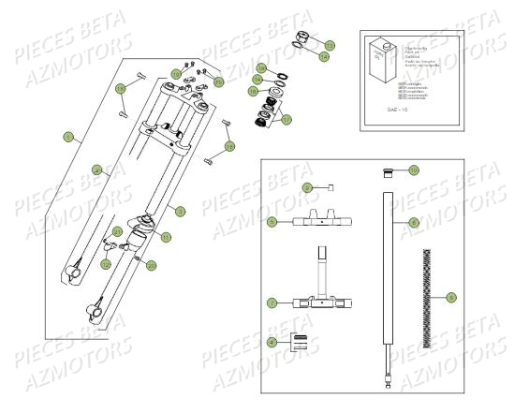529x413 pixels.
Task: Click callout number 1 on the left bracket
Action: [x=66, y=137]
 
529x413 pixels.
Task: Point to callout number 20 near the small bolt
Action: [x=153, y=265]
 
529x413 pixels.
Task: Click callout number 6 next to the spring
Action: [x=452, y=297]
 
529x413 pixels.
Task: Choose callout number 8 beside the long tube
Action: [x=415, y=222]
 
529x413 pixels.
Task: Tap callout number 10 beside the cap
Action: [x=414, y=170]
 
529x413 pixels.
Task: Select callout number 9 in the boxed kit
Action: [x=306, y=188]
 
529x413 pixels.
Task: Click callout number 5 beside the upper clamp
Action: [x=272, y=222]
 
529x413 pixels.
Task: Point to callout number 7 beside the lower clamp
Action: [x=272, y=303]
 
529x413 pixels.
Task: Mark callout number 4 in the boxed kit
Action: [x=272, y=343]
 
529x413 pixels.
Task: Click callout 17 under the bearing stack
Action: [x=287, y=119]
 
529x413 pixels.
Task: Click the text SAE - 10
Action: [x=373, y=110]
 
